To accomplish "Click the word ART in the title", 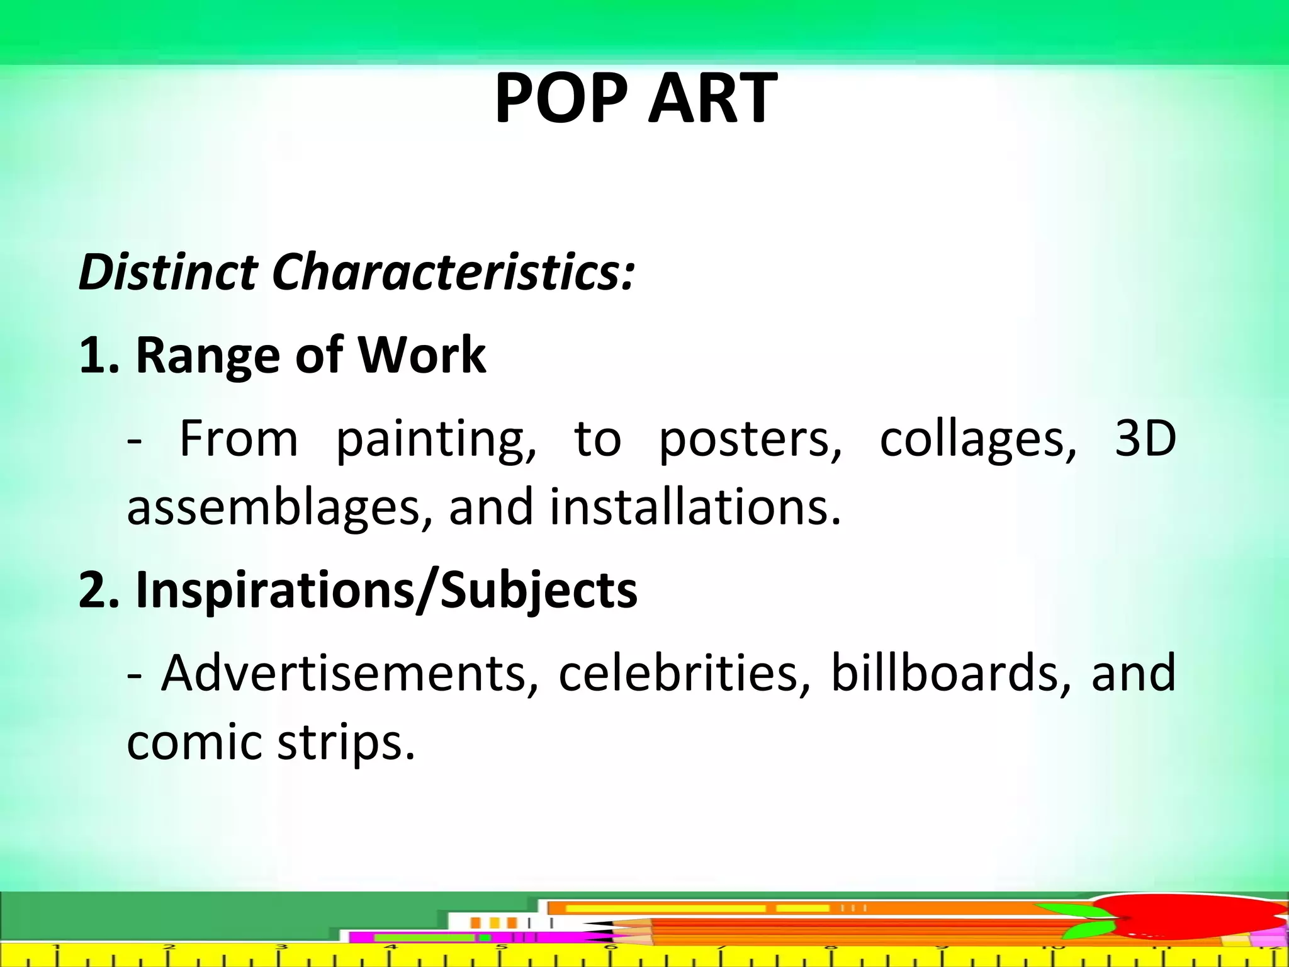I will pyautogui.click(x=712, y=98).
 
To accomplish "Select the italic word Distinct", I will pyautogui.click(x=168, y=273).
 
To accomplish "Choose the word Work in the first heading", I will pyautogui.click(x=422, y=354).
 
